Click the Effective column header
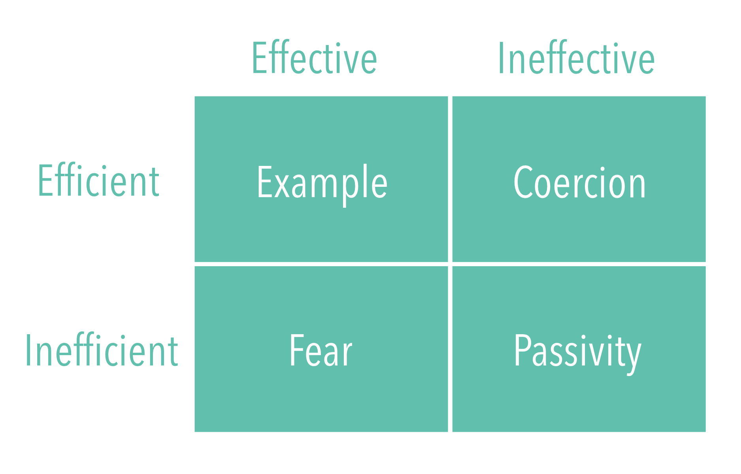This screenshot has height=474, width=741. point(315,58)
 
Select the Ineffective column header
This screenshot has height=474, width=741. point(576,58)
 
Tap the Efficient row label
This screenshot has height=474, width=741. point(98,180)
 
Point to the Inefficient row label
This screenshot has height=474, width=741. point(102,350)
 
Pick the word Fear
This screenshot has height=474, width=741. point(321,350)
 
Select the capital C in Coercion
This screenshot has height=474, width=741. point(523,182)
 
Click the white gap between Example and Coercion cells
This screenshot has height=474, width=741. point(450,179)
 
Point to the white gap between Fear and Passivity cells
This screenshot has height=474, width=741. point(450,349)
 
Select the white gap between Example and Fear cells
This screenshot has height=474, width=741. point(321,264)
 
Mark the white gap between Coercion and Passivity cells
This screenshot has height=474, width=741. point(579,264)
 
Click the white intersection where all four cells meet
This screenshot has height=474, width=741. point(450,264)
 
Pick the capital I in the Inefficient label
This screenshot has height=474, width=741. point(28,350)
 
